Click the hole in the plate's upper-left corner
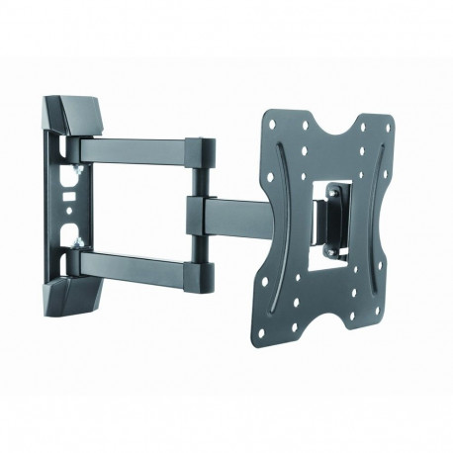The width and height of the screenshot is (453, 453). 273,125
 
